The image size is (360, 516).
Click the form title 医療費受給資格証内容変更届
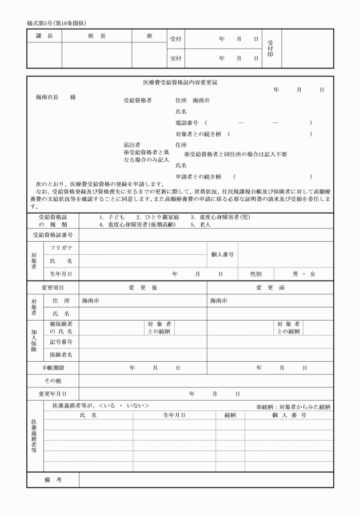[x=179, y=83]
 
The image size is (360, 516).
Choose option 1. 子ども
[x=111, y=218]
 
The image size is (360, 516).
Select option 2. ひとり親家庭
[x=158, y=218]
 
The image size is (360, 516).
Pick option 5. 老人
[x=201, y=225]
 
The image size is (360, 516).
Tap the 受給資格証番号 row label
[x=53, y=235]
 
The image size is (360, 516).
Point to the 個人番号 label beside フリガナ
[x=223, y=254]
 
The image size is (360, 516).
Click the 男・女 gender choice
[x=303, y=274]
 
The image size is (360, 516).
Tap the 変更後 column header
[x=143, y=287]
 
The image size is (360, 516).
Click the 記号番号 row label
[x=61, y=342]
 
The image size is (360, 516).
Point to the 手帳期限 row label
[x=53, y=368]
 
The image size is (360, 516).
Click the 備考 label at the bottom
[x=53, y=479]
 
